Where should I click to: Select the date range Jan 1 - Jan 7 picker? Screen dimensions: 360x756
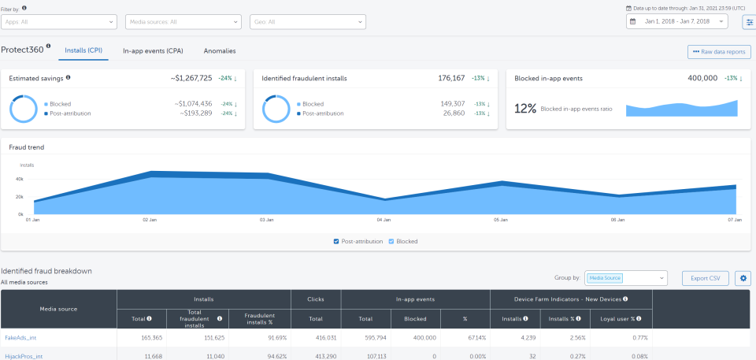pyautogui.click(x=676, y=22)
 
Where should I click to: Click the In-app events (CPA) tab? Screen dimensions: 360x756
pyautogui.click(x=153, y=50)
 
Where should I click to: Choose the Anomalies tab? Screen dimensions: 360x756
pyautogui.click(x=220, y=50)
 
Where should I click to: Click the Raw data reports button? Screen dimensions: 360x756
pyautogui.click(x=718, y=52)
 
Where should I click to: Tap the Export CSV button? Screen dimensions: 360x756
pyautogui.click(x=705, y=278)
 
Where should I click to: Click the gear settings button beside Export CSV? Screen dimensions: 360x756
pyautogui.click(x=743, y=278)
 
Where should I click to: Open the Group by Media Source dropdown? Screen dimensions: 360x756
pyautogui.click(x=626, y=278)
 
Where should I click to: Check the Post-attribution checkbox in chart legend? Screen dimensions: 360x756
pyautogui.click(x=338, y=241)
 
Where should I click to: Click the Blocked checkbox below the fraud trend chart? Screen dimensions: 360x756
pyautogui.click(x=392, y=241)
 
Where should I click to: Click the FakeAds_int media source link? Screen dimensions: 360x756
pyautogui.click(x=21, y=337)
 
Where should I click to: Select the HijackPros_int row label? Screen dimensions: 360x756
pyautogui.click(x=24, y=356)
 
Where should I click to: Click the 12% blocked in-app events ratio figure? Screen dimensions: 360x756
pyautogui.click(x=524, y=108)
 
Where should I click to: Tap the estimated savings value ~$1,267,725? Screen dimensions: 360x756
pyautogui.click(x=191, y=78)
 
